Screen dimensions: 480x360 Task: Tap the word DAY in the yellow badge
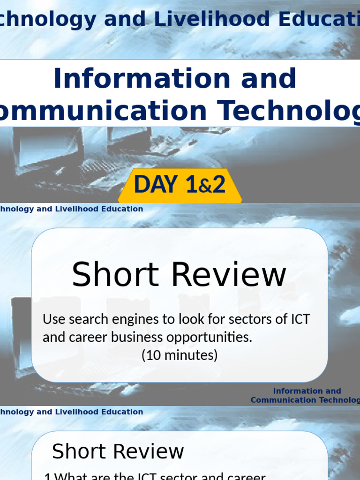pos(156,184)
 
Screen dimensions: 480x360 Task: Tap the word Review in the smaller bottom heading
pos(151,451)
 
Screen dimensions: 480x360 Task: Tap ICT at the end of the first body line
pos(300,319)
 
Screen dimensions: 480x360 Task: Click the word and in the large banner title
pos(272,79)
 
